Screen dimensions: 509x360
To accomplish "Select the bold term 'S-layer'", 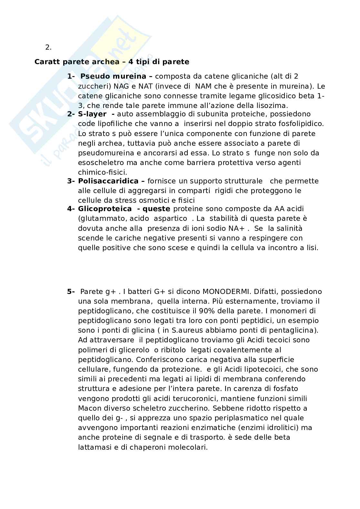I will pos(92,114).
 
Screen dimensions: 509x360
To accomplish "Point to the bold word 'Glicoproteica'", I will pos(105,209).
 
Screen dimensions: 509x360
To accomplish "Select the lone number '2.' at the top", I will pos(48,47).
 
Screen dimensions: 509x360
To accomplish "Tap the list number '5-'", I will pos(71,291).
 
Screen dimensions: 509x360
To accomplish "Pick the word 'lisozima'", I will pos(273,105).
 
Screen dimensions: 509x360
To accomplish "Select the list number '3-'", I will pos(71,181).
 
